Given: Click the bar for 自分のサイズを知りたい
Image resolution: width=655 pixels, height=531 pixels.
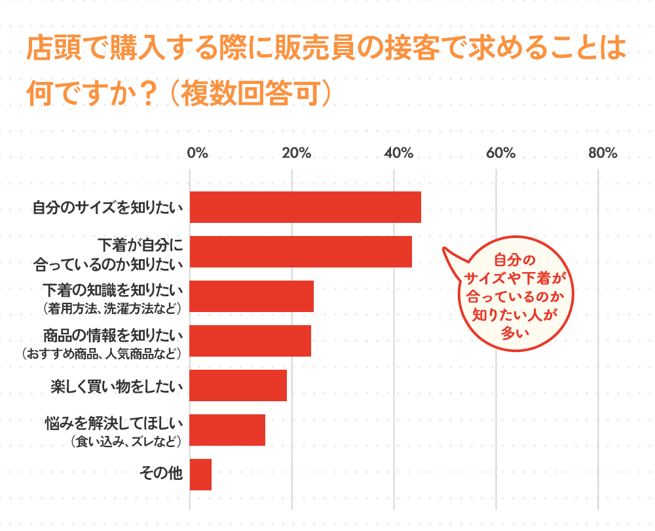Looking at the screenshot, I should coord(305,208).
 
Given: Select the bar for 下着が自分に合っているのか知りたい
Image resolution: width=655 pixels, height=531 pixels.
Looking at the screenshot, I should coord(301,252).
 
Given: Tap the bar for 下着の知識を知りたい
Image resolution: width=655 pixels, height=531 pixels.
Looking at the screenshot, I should coord(252,296).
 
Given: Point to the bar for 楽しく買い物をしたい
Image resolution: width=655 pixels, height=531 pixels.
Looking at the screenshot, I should coord(238,385).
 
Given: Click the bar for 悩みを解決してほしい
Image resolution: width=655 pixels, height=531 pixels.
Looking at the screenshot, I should coord(227,430).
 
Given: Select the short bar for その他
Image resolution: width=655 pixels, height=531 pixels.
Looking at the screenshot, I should coord(200,475).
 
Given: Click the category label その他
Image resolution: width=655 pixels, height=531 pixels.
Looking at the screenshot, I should coord(161,473).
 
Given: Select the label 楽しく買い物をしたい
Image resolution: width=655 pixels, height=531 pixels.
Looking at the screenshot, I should coord(117,385).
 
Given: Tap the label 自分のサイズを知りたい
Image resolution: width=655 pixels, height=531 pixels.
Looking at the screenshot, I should coord(107,208).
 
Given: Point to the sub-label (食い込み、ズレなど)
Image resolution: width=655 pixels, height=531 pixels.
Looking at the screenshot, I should coord(125,441).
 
